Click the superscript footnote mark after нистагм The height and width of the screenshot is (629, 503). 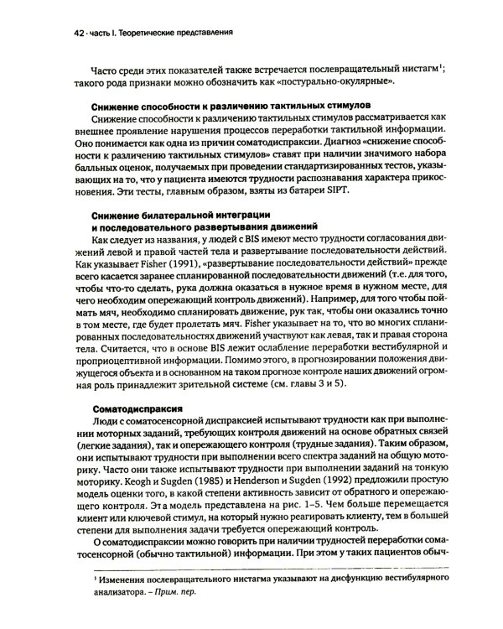click(442, 70)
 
